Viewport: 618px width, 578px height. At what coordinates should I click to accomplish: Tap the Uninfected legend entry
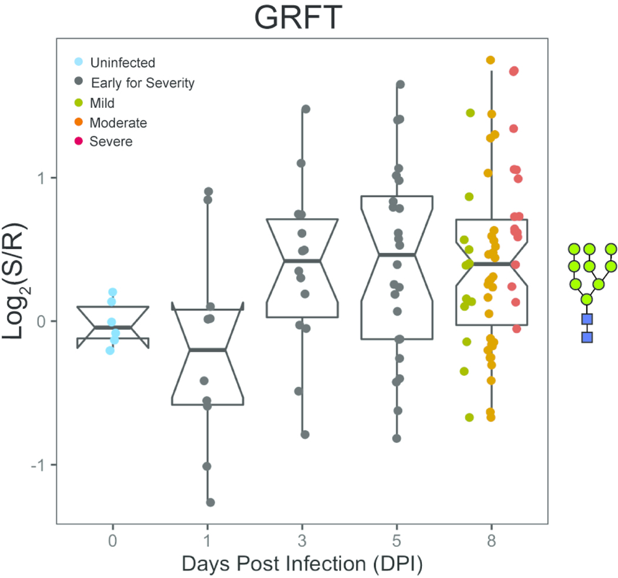pos(118,62)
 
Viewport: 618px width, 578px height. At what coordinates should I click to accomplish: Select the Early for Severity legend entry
pos(138,82)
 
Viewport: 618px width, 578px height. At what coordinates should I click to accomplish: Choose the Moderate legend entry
pos(118,123)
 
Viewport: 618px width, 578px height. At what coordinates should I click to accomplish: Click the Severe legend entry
pos(111,141)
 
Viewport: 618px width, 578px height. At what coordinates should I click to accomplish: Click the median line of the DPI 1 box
pos(207,350)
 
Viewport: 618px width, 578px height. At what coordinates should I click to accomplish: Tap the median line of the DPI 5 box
pos(397,255)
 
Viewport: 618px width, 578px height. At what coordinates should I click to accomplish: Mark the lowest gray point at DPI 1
pos(210,502)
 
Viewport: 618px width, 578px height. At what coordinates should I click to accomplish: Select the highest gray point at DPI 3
pos(305,109)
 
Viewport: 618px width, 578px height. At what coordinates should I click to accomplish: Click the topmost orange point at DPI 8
pos(490,60)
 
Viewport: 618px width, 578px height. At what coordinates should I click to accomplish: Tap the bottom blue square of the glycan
pos(587,337)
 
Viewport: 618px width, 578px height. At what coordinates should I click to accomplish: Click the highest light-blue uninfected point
pos(112,292)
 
